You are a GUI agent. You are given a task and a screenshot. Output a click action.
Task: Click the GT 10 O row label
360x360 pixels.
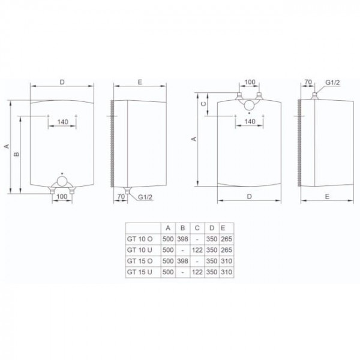tap(140, 239)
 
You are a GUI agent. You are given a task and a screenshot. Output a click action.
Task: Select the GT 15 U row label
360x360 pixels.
tap(139, 272)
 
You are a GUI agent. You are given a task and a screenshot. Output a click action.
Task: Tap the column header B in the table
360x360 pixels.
tap(183, 228)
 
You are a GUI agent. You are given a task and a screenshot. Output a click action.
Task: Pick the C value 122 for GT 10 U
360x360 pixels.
tap(197, 250)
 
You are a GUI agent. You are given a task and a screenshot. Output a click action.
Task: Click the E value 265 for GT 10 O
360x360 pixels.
tap(226, 239)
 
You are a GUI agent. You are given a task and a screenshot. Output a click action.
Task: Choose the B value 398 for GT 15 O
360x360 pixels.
tap(183, 261)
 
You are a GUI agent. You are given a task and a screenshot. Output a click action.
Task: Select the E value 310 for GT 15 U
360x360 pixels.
tap(226, 272)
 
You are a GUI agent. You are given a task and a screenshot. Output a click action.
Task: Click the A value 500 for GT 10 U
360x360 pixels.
tap(168, 250)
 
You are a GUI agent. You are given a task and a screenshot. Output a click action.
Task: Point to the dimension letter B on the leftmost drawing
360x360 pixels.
tap(17, 154)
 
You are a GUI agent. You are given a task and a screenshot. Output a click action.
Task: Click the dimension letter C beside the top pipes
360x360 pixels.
tap(203, 104)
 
